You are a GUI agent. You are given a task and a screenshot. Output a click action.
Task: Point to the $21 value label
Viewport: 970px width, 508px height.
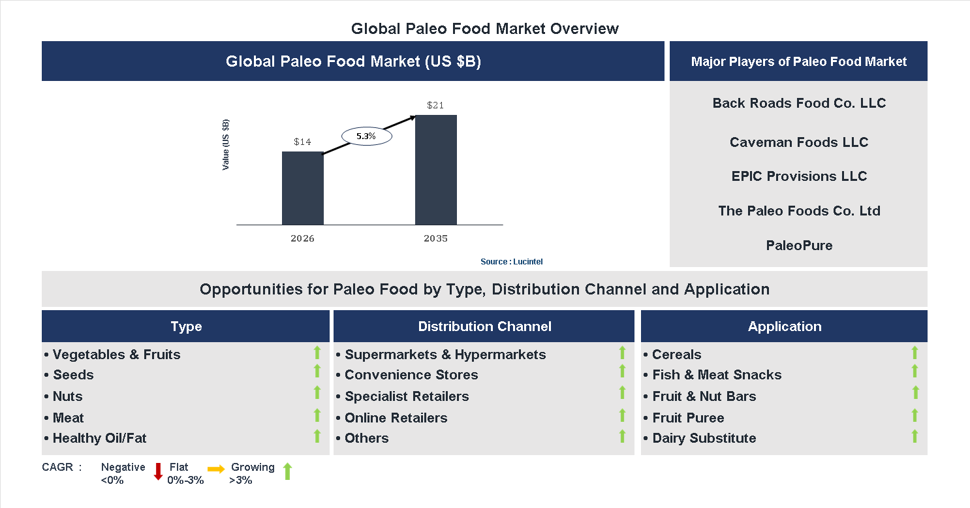(x=435, y=105)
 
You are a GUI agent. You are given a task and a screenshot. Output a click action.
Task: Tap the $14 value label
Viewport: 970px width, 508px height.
(x=302, y=142)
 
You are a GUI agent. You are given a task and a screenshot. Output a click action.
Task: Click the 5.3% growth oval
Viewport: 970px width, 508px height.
(x=366, y=136)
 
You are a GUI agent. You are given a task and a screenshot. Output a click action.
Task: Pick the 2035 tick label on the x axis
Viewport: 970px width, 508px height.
(x=435, y=238)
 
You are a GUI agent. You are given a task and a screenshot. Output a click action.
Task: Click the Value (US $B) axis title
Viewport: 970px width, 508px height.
(x=226, y=145)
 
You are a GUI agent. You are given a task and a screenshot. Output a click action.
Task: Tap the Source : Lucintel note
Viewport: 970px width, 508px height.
(x=511, y=261)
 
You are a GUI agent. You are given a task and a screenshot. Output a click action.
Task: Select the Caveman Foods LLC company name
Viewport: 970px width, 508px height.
(x=798, y=142)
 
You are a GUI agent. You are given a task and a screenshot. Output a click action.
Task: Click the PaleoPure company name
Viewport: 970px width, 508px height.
(x=798, y=246)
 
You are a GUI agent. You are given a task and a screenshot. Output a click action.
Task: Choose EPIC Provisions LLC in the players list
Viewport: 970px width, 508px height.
(x=798, y=176)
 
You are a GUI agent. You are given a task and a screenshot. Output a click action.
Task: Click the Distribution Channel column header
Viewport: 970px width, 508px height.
(x=484, y=326)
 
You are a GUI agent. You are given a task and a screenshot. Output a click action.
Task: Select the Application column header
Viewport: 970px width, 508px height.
(x=784, y=326)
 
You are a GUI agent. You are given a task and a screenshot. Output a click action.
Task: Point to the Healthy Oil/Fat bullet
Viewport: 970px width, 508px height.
(x=99, y=438)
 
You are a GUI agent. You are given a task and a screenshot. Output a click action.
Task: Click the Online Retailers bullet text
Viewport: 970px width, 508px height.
(x=396, y=418)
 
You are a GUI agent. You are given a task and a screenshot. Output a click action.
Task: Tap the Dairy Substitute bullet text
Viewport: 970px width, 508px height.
(x=704, y=438)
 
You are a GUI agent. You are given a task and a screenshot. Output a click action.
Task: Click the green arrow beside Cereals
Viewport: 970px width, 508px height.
(x=915, y=353)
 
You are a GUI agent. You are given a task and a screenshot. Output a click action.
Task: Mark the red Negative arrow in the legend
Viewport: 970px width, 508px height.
(x=158, y=471)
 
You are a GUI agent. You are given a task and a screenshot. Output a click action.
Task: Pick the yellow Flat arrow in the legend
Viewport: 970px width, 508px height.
(x=216, y=469)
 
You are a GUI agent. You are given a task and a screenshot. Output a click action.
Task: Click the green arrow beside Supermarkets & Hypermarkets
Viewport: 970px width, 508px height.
(x=622, y=353)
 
